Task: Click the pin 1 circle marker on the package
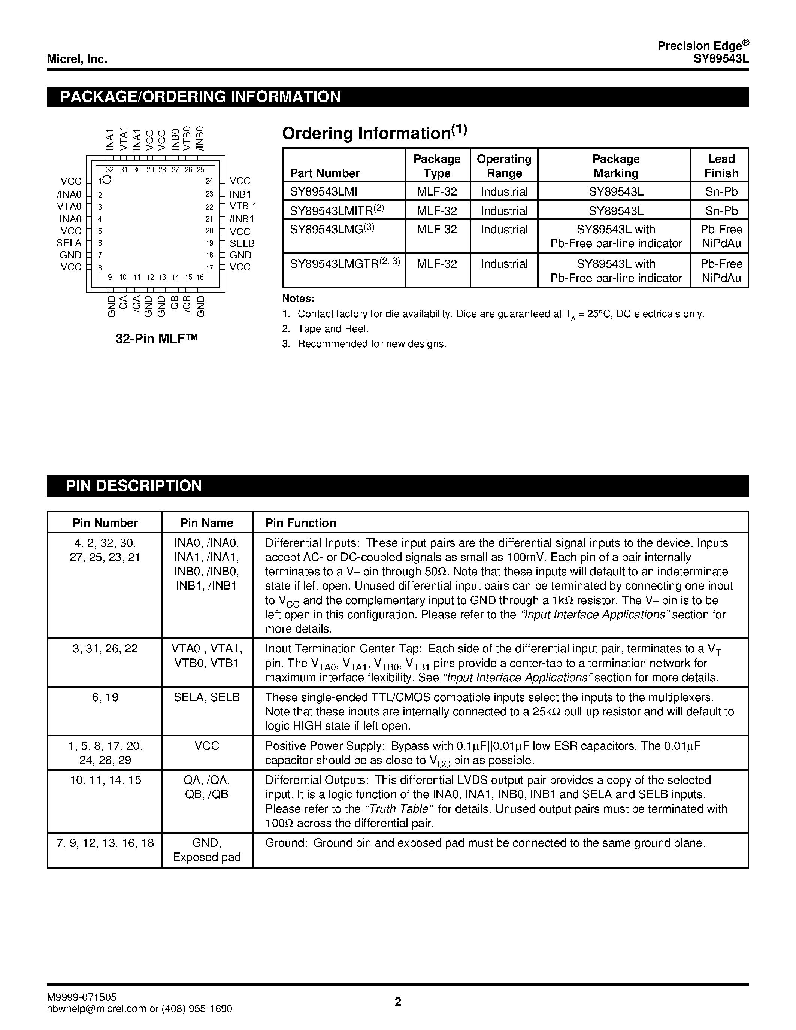coord(107,180)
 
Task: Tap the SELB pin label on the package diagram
coord(242,243)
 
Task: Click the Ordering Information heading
coord(374,133)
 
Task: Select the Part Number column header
coord(324,173)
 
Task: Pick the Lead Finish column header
coord(721,166)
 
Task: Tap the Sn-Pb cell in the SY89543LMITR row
coord(721,211)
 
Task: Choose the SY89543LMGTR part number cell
coord(344,264)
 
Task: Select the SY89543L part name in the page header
coord(721,60)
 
